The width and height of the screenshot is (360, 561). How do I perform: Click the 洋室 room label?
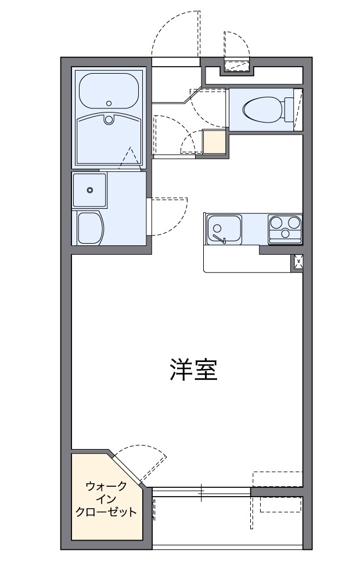[193, 369]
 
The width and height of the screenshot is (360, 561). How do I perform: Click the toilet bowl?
[261, 108]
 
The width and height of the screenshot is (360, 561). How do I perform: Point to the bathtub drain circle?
[109, 102]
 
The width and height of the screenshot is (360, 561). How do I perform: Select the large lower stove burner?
[285, 233]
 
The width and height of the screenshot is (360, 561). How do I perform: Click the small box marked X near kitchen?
[298, 263]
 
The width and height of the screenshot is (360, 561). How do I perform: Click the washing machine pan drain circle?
[89, 189]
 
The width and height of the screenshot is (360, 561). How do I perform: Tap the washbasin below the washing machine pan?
[89, 227]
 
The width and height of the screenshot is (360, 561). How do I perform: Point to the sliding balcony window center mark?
[201, 493]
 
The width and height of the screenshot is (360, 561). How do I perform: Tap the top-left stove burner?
[276, 221]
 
